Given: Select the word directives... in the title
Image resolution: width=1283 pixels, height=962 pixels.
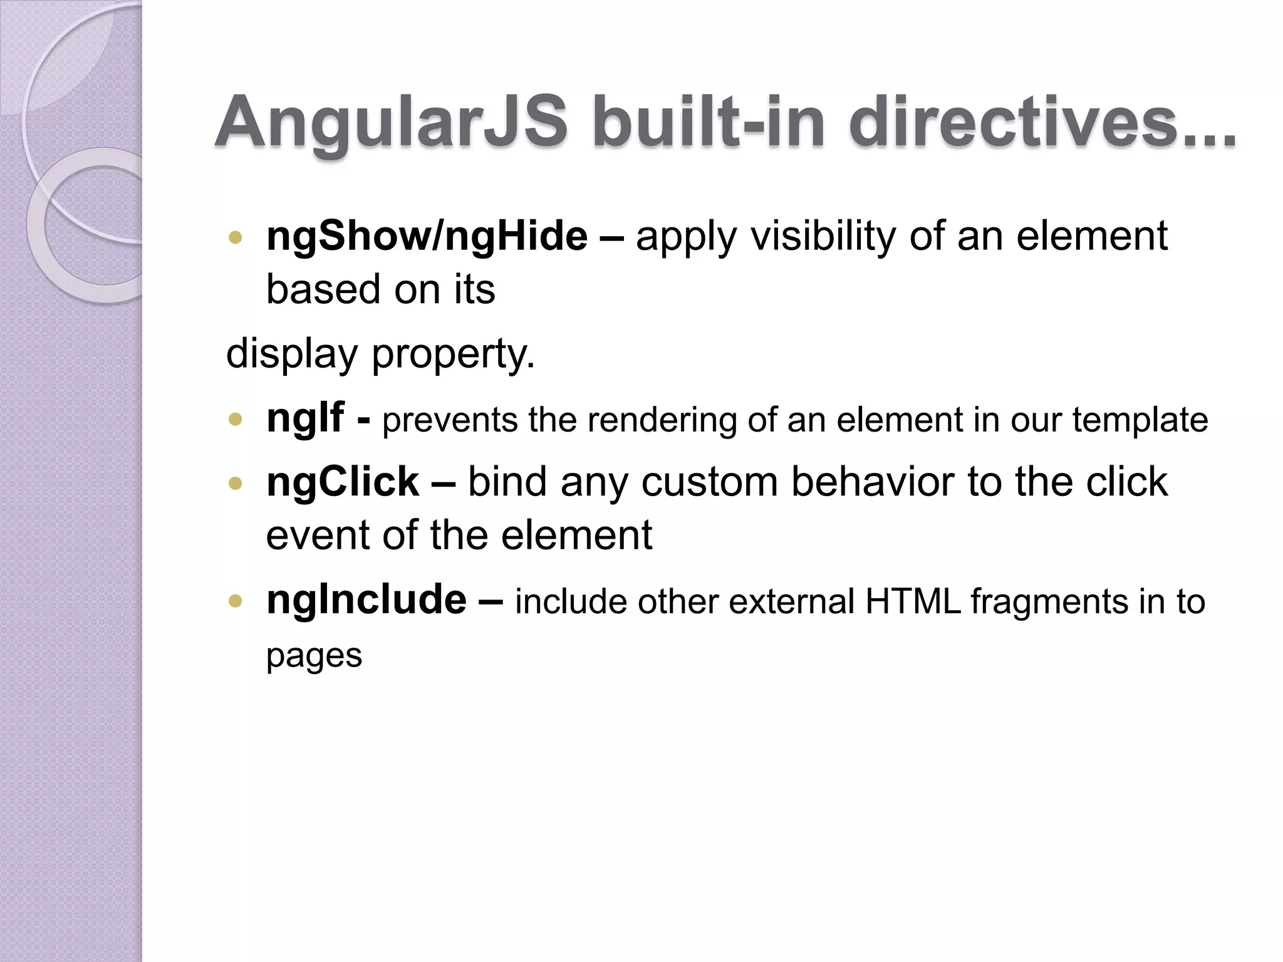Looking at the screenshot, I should [1042, 122].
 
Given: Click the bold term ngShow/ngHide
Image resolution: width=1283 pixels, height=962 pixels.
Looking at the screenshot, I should [427, 237].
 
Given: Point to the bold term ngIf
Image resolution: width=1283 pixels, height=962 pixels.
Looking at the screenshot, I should [305, 418].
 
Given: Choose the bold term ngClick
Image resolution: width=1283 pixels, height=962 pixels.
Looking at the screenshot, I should [342, 482].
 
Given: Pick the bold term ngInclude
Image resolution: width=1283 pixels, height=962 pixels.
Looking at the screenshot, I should [366, 599].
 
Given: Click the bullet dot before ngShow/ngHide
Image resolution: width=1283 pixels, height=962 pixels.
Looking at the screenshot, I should [236, 237].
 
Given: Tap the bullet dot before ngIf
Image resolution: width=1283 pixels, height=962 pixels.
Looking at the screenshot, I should [236, 419].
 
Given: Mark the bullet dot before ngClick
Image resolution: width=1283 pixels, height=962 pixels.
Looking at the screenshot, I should [236, 483].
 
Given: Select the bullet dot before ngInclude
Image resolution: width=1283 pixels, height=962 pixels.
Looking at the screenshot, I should [236, 601].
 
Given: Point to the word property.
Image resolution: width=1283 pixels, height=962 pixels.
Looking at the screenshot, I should [453, 354].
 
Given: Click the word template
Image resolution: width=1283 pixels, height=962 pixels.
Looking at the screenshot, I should [1140, 420].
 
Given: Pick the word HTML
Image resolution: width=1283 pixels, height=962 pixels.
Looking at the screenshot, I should [913, 601].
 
